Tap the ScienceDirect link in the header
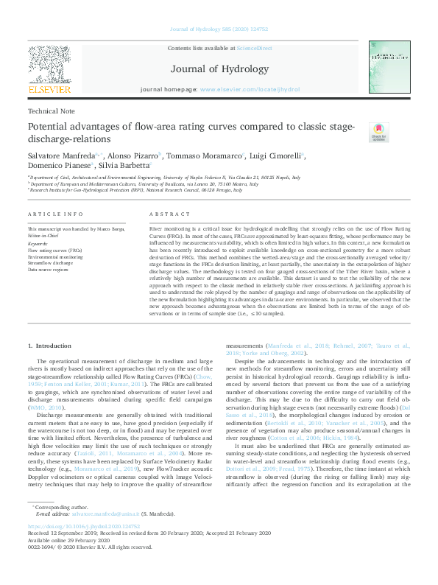click(x=254, y=48)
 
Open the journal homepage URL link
click(x=250, y=89)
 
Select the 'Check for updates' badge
click(x=378, y=132)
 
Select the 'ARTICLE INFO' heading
click(x=55, y=214)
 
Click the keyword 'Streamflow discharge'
click(x=52, y=262)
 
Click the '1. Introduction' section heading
click(x=49, y=346)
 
